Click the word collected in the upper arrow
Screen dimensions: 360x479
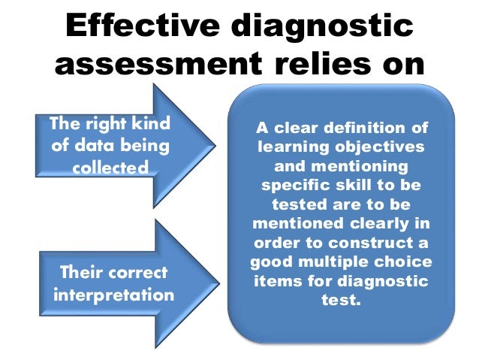(x=110, y=167)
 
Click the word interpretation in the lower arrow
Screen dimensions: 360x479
(x=113, y=294)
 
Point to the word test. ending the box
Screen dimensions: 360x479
(x=341, y=301)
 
